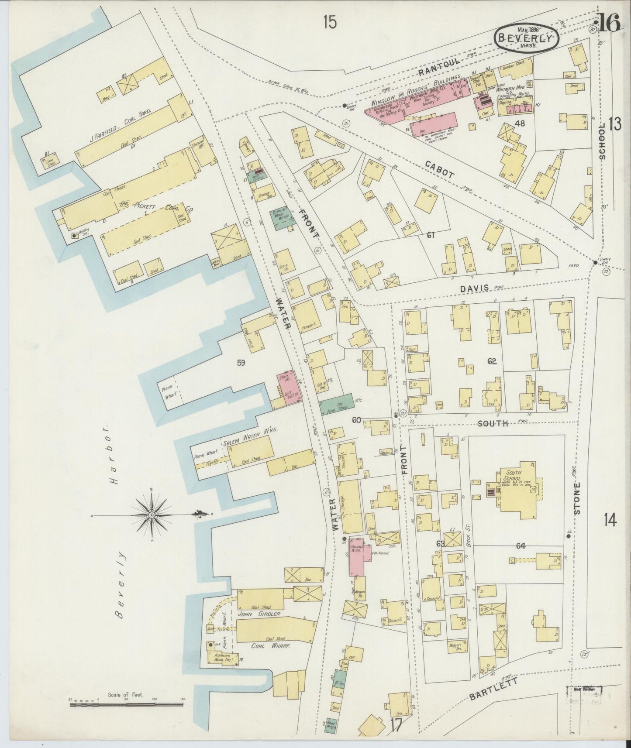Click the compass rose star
[152, 515]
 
